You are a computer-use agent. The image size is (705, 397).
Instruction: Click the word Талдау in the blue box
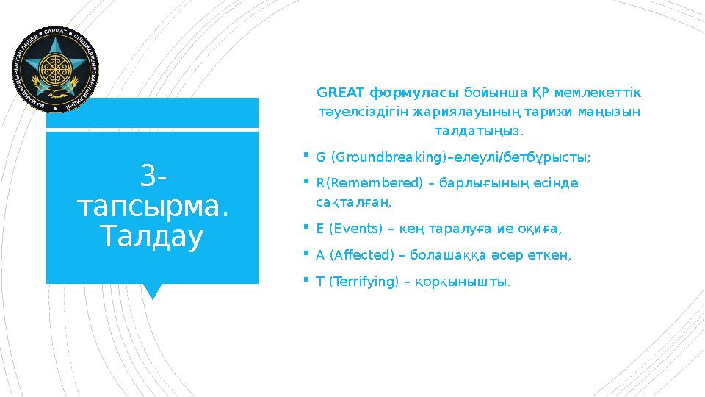point(152,237)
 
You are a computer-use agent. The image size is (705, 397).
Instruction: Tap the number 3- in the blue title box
point(153,176)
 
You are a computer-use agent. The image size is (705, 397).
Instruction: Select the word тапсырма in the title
point(153,207)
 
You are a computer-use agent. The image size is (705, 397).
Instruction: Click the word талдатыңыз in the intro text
point(478,131)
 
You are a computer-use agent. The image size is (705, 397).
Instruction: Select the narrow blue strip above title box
point(153,112)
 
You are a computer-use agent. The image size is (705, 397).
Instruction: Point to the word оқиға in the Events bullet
point(543,229)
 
